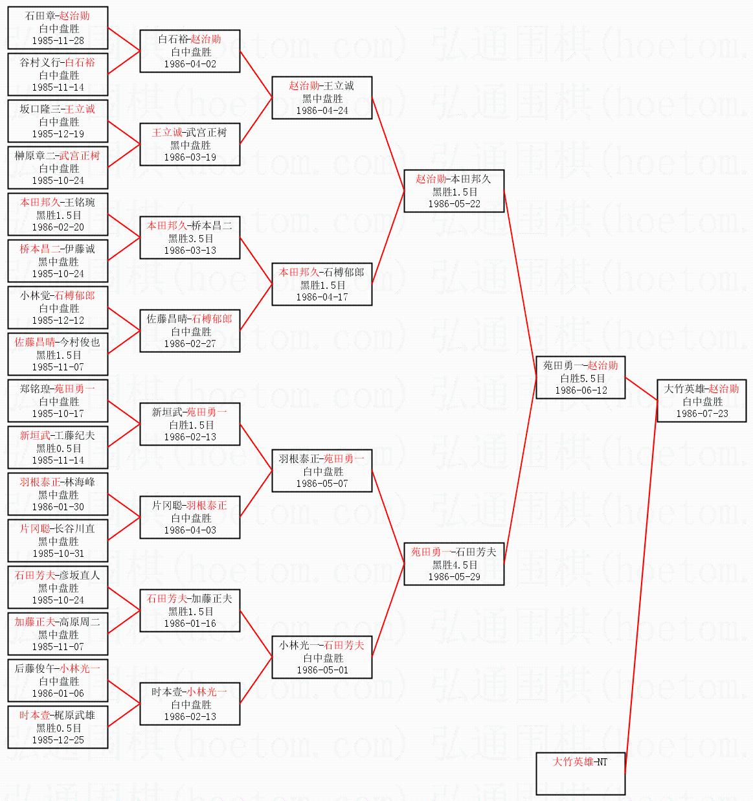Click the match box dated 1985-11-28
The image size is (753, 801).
(58, 28)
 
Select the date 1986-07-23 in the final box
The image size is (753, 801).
(702, 414)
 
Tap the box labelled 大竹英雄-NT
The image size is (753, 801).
(581, 774)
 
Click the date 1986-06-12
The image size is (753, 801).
(581, 390)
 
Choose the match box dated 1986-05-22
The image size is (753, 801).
(454, 191)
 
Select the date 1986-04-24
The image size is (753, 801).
(322, 111)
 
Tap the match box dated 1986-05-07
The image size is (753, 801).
(322, 471)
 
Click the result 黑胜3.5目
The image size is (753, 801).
(191, 238)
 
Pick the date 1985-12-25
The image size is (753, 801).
(58, 740)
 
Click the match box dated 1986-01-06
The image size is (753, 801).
(58, 681)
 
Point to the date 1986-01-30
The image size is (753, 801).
(58, 507)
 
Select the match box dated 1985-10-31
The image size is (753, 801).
(58, 541)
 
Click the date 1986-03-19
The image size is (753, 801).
(190, 157)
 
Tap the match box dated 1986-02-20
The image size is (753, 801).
(58, 214)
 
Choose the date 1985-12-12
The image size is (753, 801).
(58, 321)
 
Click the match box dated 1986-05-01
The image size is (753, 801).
(322, 657)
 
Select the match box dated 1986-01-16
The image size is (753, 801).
(190, 611)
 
